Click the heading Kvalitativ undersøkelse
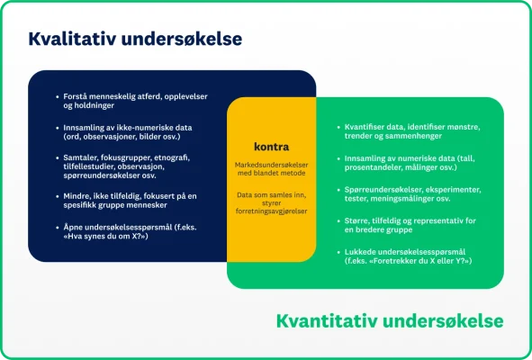pos(135,40)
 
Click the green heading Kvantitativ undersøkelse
pos(389,321)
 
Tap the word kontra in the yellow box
pos(271,146)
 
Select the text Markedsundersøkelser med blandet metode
pos(271,168)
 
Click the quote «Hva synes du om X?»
pos(98,238)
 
